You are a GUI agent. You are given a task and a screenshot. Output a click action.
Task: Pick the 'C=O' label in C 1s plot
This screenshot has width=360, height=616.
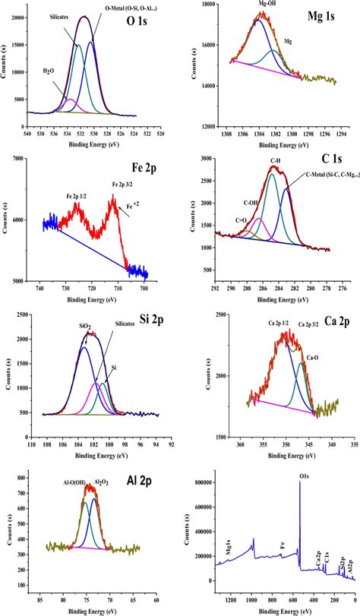point(242,220)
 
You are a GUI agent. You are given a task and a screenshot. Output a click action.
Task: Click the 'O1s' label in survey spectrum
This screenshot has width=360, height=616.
point(304,477)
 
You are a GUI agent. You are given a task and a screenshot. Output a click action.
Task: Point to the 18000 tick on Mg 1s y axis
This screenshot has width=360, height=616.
point(205,5)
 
